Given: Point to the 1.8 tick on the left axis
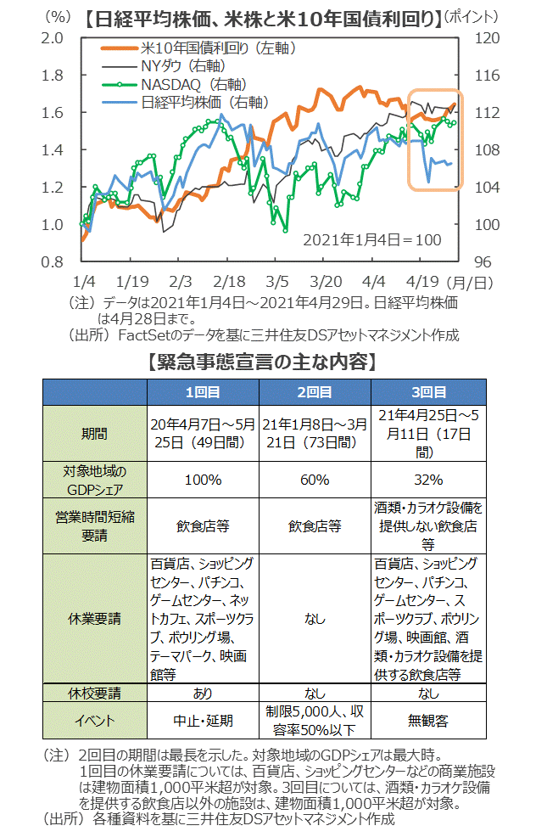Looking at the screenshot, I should pyautogui.click(x=53, y=76).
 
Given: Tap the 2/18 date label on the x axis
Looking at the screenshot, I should pyautogui.click(x=229, y=280).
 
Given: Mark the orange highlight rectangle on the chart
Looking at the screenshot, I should pyautogui.click(x=434, y=139).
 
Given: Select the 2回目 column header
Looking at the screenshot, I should pyautogui.click(x=314, y=392).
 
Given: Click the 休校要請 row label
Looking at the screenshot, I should pyautogui.click(x=95, y=694).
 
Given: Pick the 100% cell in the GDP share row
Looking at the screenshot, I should pyautogui.click(x=203, y=480).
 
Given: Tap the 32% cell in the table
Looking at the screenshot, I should pyautogui.click(x=429, y=480).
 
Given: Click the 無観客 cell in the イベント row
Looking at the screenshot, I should pyautogui.click(x=429, y=721).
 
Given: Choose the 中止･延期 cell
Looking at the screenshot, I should pyautogui.click(x=203, y=721).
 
